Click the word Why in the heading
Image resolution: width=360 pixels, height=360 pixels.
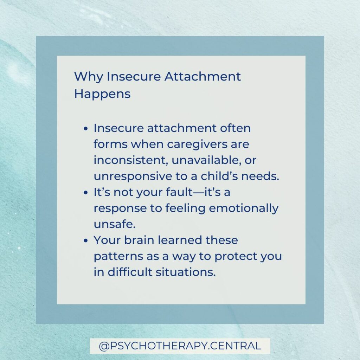(88, 77)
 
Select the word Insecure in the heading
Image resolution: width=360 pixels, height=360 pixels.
(134, 76)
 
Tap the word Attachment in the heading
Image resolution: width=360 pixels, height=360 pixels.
(202, 76)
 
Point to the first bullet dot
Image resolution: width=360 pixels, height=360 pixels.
(86, 129)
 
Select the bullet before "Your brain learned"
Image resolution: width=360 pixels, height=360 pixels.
(86, 240)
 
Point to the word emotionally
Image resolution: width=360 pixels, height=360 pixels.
(244, 209)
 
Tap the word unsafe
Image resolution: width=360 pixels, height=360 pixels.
(115, 224)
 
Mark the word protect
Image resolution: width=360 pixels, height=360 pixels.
(235, 257)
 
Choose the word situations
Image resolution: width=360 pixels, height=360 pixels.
(186, 272)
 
